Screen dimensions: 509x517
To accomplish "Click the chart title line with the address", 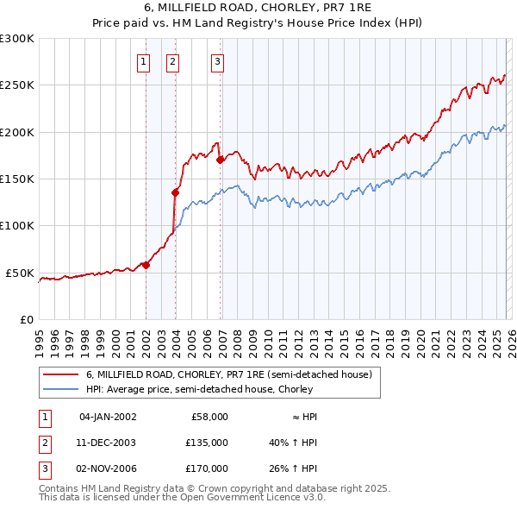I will pos(258,8).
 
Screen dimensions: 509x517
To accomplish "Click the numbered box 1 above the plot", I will pos(143,61).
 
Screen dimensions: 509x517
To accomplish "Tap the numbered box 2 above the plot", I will pos(173,61).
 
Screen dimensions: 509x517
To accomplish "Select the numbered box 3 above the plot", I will pos(218,61).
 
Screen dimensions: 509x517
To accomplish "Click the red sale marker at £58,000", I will pos(146,265).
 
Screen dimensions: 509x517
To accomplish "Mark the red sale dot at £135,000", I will pos(176,192).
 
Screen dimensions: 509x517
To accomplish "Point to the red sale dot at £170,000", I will pos(221,160).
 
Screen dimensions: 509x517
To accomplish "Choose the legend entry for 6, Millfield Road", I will pos(228,374).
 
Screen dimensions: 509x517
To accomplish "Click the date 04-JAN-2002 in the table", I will pos(108,417).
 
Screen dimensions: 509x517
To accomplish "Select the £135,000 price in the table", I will pos(207,443).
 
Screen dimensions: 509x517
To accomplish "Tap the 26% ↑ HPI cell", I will pos(293,468).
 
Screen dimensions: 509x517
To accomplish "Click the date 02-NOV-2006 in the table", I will pos(108,468).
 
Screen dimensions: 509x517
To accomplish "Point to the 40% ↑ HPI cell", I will pos(293,443).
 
